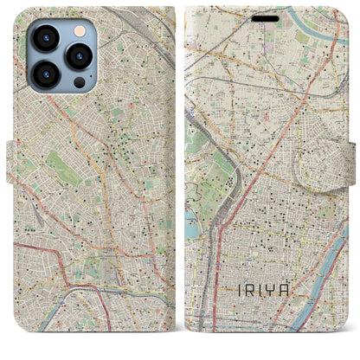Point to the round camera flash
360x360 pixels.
click(79, 30)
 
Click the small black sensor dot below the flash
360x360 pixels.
click(80, 82)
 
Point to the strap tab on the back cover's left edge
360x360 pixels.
click(11, 156)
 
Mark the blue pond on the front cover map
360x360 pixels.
click(192, 228)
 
